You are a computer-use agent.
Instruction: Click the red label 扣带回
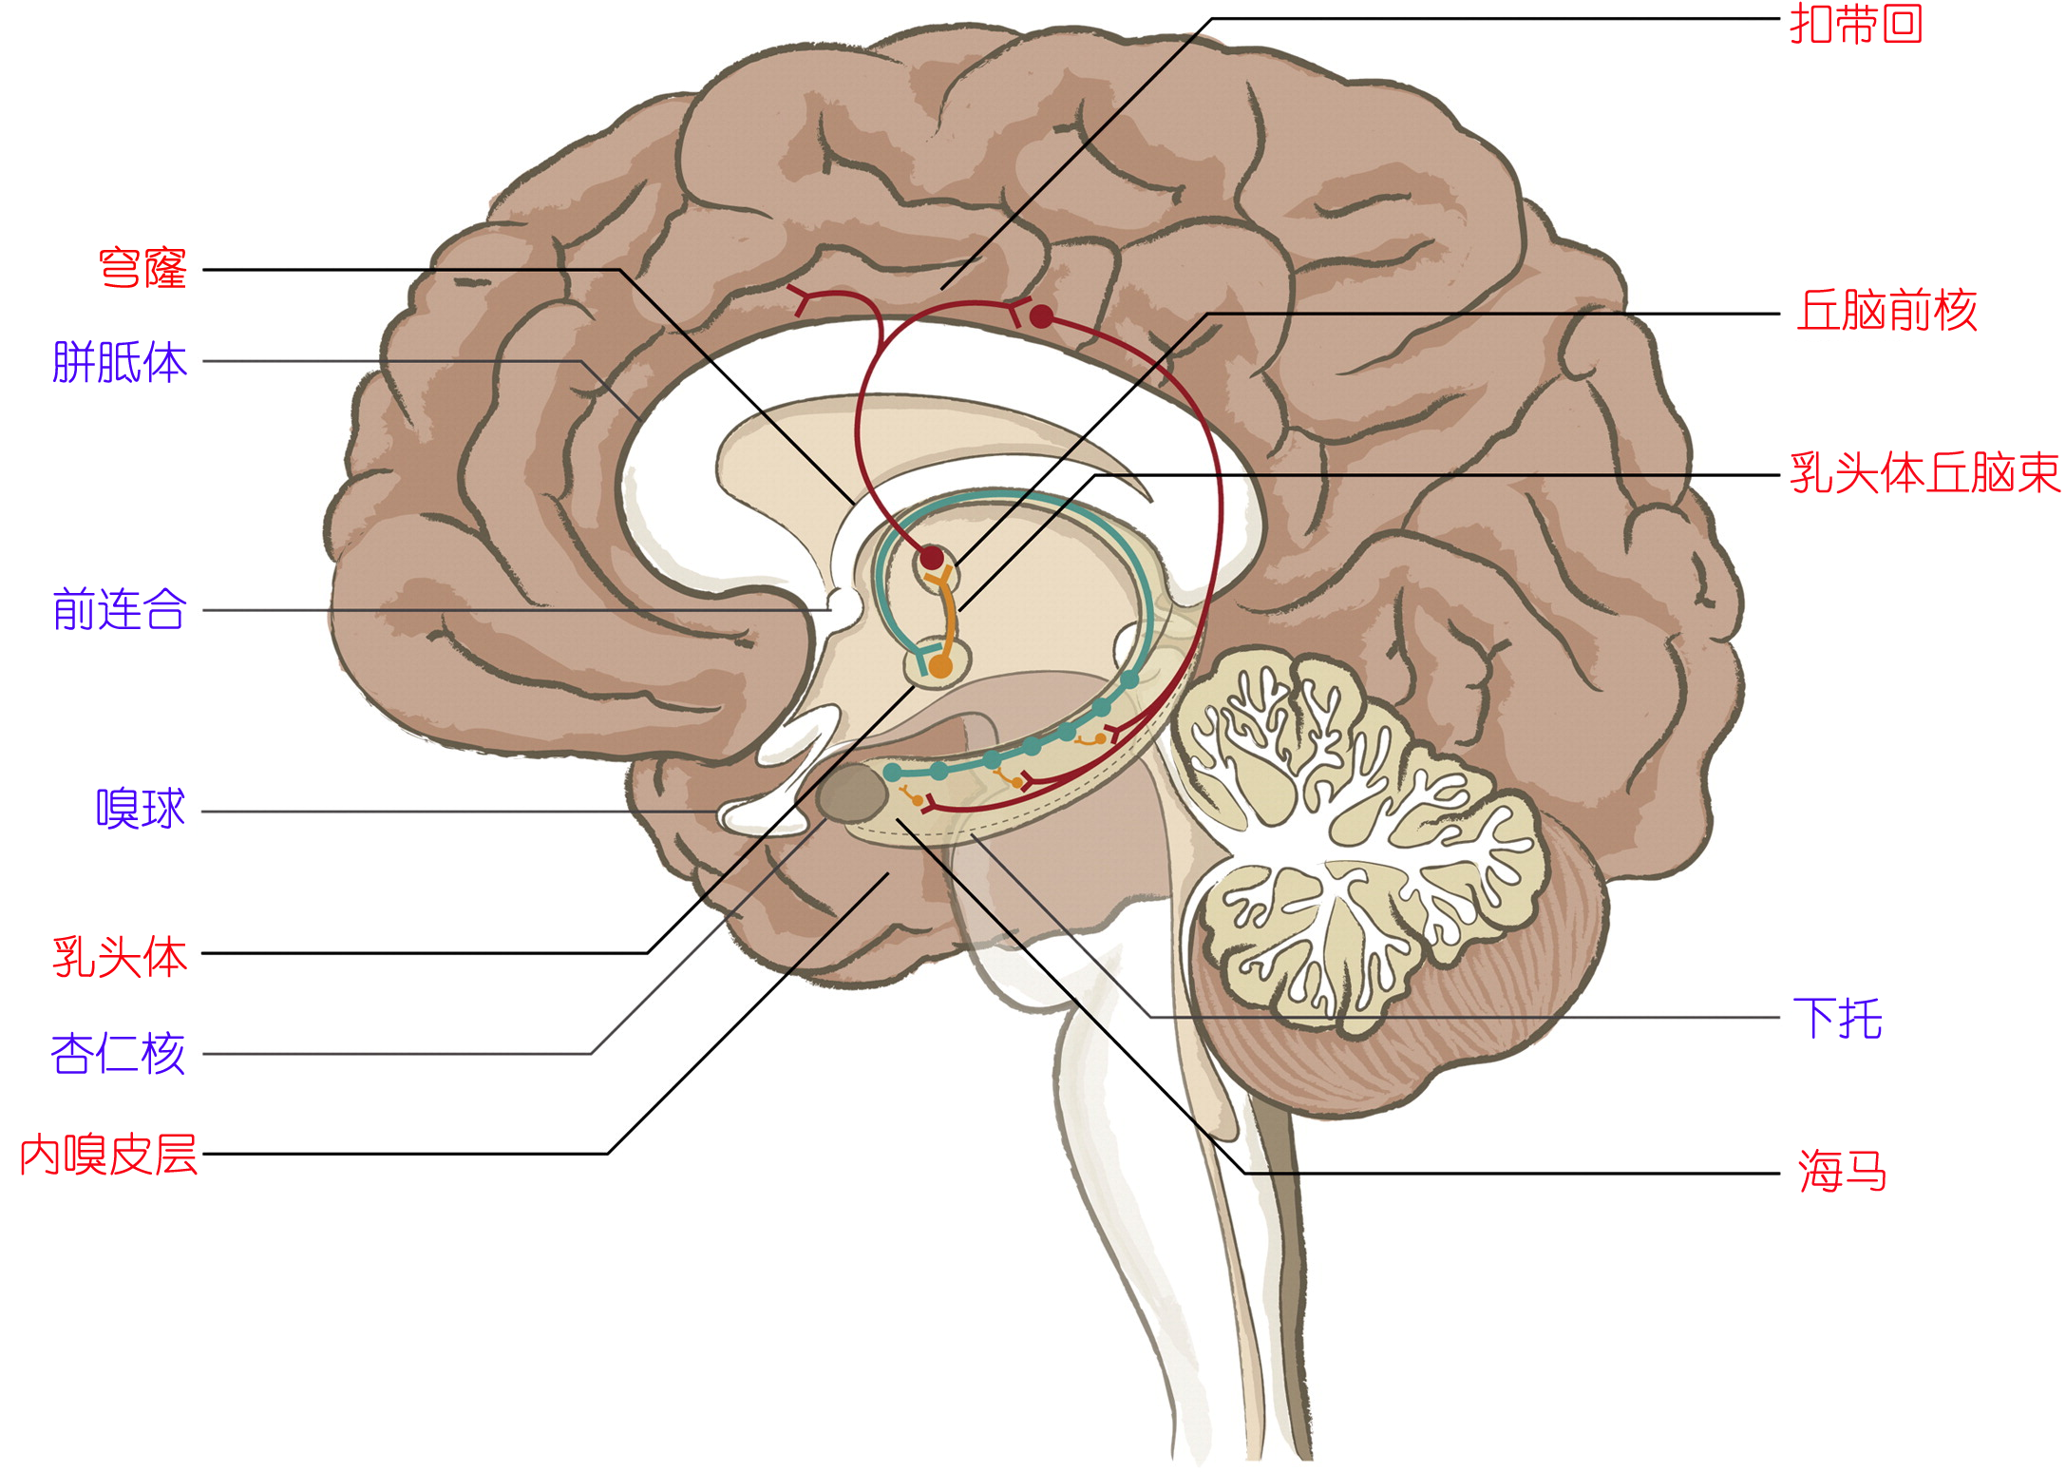tap(1855, 24)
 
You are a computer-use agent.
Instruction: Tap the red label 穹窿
tap(142, 269)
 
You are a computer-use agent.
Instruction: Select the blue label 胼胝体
tap(120, 362)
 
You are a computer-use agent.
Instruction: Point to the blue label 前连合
tap(120, 609)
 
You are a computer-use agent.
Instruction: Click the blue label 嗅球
tap(141, 810)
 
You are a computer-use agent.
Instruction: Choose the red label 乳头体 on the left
tap(120, 956)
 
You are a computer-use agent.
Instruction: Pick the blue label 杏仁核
tap(118, 1054)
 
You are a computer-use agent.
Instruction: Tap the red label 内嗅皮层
tap(108, 1156)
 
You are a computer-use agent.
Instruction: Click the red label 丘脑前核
tap(1886, 311)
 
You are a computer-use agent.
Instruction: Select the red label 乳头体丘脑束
tap(1924, 473)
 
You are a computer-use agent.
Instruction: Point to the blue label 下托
tap(1837, 1019)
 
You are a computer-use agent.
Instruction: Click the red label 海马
tap(1842, 1171)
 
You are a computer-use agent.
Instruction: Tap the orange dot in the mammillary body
tap(940, 666)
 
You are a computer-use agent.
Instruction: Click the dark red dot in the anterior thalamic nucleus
tap(932, 558)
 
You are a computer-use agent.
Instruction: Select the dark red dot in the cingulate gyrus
tap(1041, 316)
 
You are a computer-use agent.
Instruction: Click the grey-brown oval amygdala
tap(852, 793)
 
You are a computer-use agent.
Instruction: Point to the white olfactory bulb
tap(760, 815)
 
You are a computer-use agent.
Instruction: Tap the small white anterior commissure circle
tap(843, 602)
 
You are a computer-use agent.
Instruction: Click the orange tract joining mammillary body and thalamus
tap(947, 613)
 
